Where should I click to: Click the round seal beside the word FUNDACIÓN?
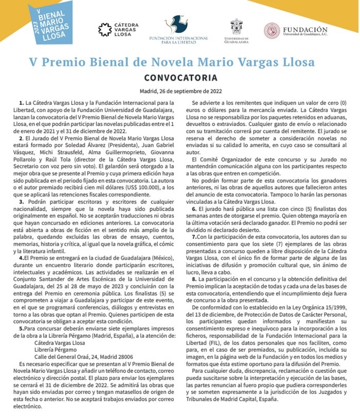(272, 30)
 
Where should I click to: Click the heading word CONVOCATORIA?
(180, 78)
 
